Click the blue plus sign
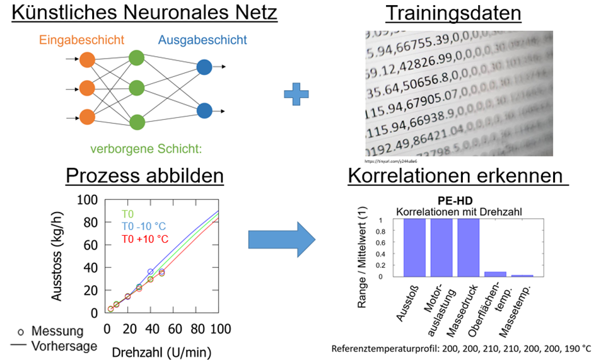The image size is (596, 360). click(296, 93)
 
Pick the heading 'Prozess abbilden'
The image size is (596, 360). click(144, 176)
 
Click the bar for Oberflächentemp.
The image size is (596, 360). click(495, 274)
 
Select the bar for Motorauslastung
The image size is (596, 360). click(441, 248)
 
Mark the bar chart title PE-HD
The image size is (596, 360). click(459, 200)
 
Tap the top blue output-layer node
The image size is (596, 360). click(204, 67)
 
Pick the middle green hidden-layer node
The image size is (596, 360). click(136, 88)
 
